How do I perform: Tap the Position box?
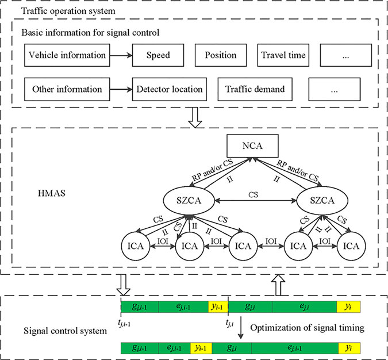pos(220,55)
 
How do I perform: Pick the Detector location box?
pos(169,89)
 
